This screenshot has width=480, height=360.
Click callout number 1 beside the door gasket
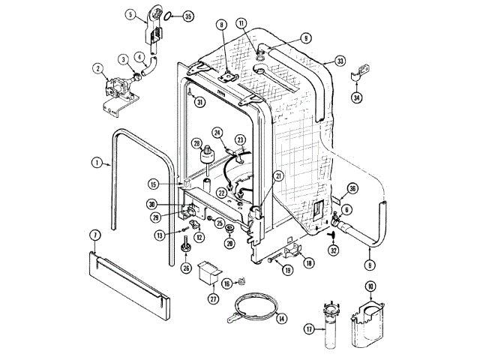tap(97, 161)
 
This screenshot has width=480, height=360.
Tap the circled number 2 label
tap(97, 69)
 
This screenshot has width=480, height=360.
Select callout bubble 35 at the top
tap(187, 16)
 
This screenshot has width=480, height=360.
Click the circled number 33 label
tap(340, 61)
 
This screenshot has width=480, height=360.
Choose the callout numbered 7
tap(95, 235)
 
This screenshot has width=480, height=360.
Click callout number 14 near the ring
tap(281, 319)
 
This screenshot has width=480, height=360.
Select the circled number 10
tap(370, 286)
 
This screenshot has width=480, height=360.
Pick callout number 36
tap(352, 188)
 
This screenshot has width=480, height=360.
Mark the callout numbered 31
tap(199, 103)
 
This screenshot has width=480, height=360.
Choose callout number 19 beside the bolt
tap(287, 270)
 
